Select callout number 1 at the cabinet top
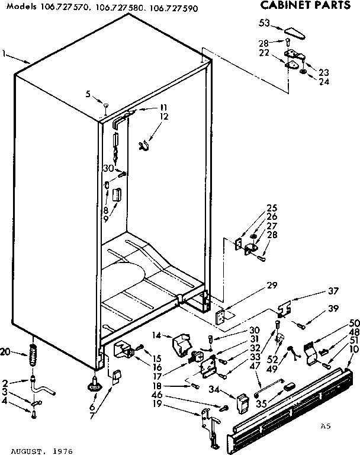pyautogui.click(x=4, y=54)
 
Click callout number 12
pyautogui.click(x=163, y=116)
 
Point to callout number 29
pyautogui.click(x=272, y=285)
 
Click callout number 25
pyautogui.click(x=272, y=208)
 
